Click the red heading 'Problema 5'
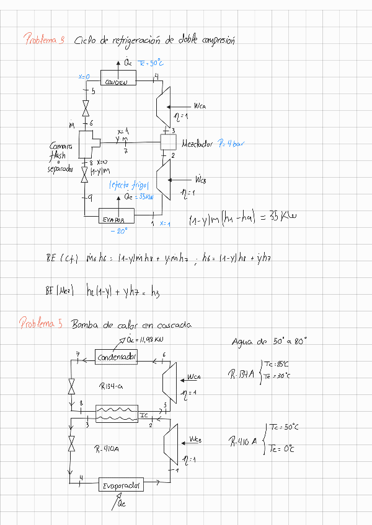[x=41, y=324]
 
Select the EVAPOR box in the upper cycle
[x=117, y=219]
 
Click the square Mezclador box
[x=169, y=142]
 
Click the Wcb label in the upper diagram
[x=200, y=180]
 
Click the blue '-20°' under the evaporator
[x=118, y=231]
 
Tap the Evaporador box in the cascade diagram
[x=122, y=485]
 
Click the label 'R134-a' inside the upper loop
[x=111, y=386]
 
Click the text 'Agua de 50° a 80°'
[x=269, y=341]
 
